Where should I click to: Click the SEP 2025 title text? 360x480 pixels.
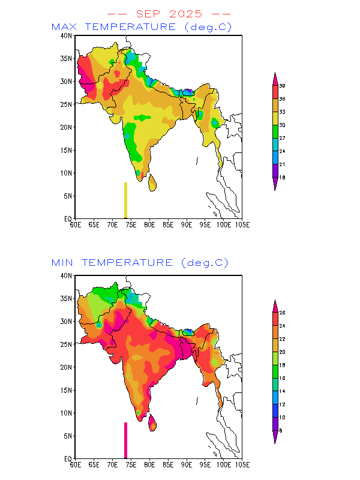169,13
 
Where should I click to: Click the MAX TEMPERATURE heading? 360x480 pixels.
142,27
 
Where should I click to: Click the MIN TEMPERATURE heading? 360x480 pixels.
140,263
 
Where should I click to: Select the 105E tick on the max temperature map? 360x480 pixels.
242,224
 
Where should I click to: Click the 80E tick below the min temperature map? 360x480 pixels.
149,464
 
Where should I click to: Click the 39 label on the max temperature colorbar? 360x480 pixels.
282,86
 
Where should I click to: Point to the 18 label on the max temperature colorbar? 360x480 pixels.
282,178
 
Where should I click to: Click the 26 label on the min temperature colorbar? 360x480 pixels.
282,313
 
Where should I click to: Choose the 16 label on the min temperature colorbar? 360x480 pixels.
282,378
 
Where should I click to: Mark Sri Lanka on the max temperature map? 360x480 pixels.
152,182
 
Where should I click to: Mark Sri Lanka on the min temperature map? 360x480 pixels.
152,422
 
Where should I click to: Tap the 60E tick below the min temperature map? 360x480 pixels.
75,464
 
